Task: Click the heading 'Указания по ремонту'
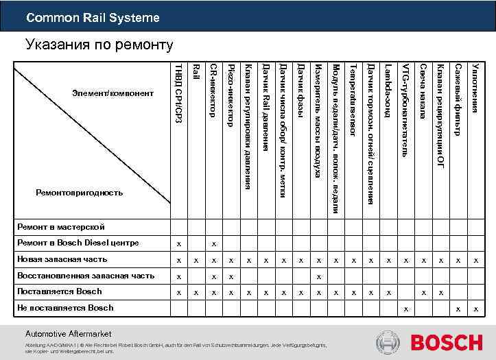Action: click(x=99, y=46)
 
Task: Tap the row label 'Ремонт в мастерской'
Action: click(x=61, y=226)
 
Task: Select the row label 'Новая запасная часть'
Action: click(x=62, y=259)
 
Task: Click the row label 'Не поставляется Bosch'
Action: click(x=65, y=307)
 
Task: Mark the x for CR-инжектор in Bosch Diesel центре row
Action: click(x=214, y=244)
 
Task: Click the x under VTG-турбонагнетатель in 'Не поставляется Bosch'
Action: click(x=405, y=309)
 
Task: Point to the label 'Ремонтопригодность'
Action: click(x=80, y=193)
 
